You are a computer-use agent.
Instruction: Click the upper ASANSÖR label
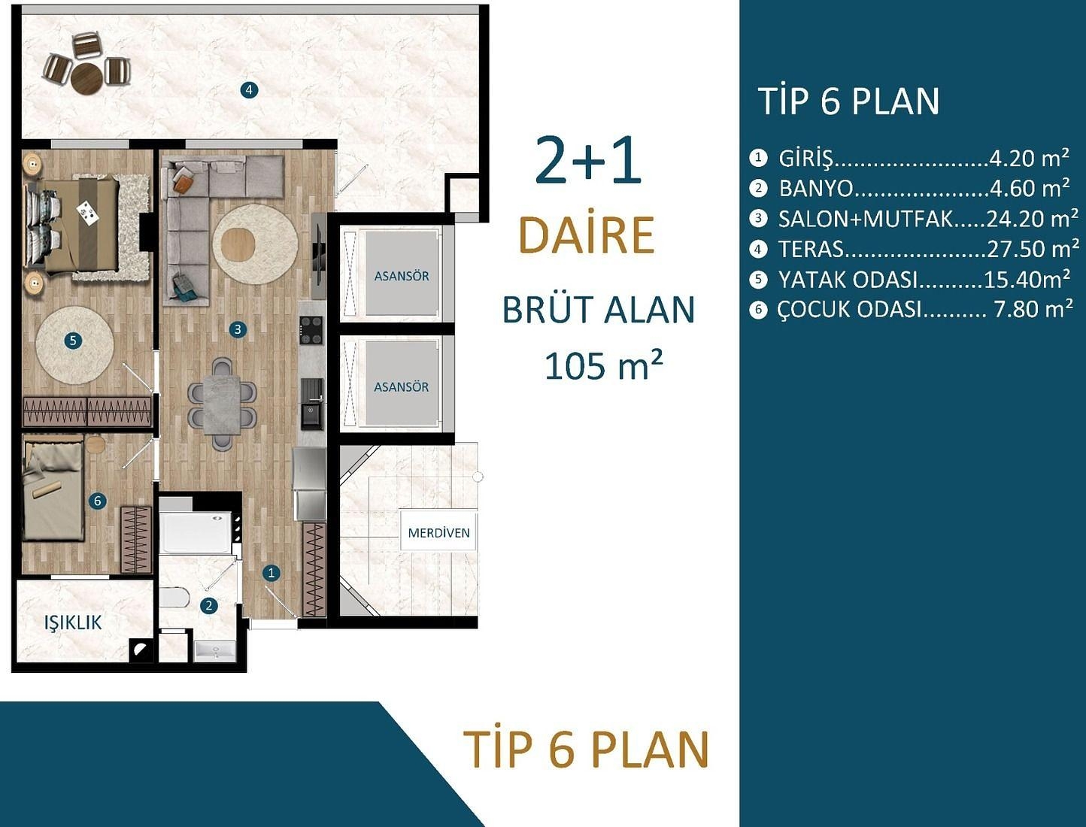(402, 276)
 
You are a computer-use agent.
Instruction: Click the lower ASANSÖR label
(402, 386)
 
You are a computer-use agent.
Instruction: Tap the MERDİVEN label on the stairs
(438, 532)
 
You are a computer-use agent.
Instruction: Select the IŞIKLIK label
(73, 623)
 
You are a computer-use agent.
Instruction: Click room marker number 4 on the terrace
(249, 90)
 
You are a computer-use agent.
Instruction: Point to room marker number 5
(73, 341)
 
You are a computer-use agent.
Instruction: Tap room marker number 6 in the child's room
(97, 501)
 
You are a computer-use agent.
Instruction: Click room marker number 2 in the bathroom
(209, 605)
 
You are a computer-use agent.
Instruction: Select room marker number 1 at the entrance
(271, 573)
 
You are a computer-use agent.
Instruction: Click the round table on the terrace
(87, 77)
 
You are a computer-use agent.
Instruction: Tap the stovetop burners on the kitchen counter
(311, 330)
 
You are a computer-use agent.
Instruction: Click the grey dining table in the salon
(222, 404)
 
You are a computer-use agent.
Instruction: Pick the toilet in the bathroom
(174, 598)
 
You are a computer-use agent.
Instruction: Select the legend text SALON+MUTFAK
(866, 219)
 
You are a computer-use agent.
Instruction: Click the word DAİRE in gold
(587, 235)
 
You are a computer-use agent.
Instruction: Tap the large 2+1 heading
(588, 161)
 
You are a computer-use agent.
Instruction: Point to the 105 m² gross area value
(603, 366)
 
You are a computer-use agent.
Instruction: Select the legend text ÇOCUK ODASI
(849, 309)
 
